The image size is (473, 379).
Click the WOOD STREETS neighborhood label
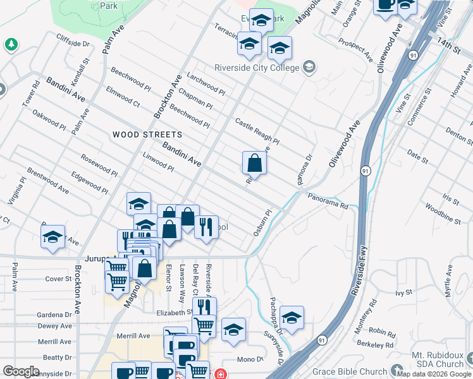[x=147, y=135]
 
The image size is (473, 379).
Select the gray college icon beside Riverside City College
[x=309, y=68]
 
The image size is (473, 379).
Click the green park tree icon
[x=10, y=44]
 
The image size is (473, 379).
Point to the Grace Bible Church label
[x=349, y=369]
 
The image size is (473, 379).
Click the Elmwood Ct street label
[x=123, y=97]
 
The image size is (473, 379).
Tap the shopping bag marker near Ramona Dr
[x=254, y=163]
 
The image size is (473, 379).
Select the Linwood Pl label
[x=158, y=162]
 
